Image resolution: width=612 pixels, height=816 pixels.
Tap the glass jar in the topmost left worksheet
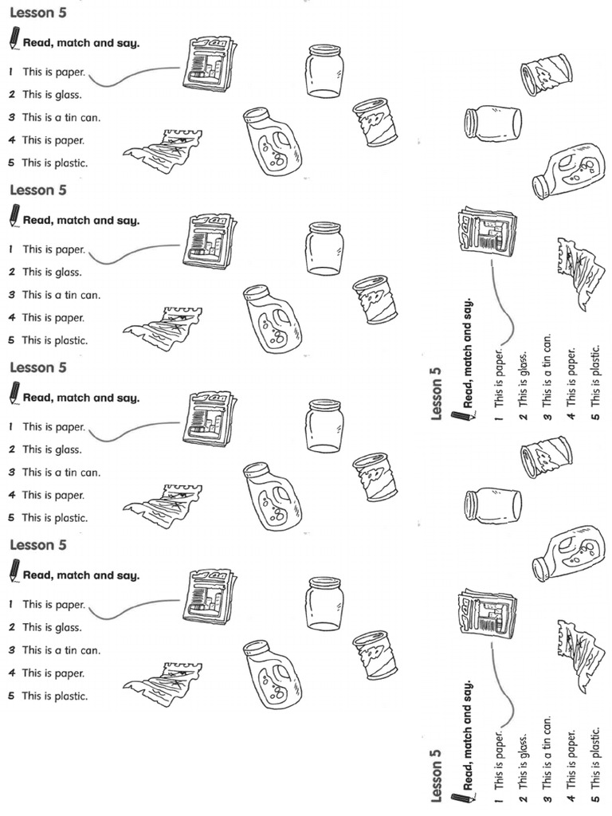pyautogui.click(x=324, y=71)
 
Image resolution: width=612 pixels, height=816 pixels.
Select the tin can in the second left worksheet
pyautogui.click(x=375, y=300)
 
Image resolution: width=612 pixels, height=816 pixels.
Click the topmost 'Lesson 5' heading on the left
pyautogui.click(x=37, y=13)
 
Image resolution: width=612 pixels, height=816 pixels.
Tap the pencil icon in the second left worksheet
pyautogui.click(x=14, y=215)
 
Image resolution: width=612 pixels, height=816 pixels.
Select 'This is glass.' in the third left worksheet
pyautogui.click(x=52, y=449)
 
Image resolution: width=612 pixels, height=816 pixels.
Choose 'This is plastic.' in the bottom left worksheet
pyautogui.click(x=54, y=696)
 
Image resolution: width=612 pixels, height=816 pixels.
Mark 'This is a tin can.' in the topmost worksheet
pyautogui.click(x=61, y=117)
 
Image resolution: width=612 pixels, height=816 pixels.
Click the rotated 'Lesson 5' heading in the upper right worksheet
pyautogui.click(x=436, y=393)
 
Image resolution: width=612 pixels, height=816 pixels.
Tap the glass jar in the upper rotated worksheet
pyautogui.click(x=492, y=124)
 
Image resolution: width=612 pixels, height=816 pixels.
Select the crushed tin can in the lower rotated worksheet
pyautogui.click(x=546, y=457)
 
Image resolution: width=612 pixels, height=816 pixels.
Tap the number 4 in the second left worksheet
pyautogui.click(x=12, y=317)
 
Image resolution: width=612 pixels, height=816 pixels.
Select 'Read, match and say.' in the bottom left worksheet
pyautogui.click(x=80, y=575)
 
